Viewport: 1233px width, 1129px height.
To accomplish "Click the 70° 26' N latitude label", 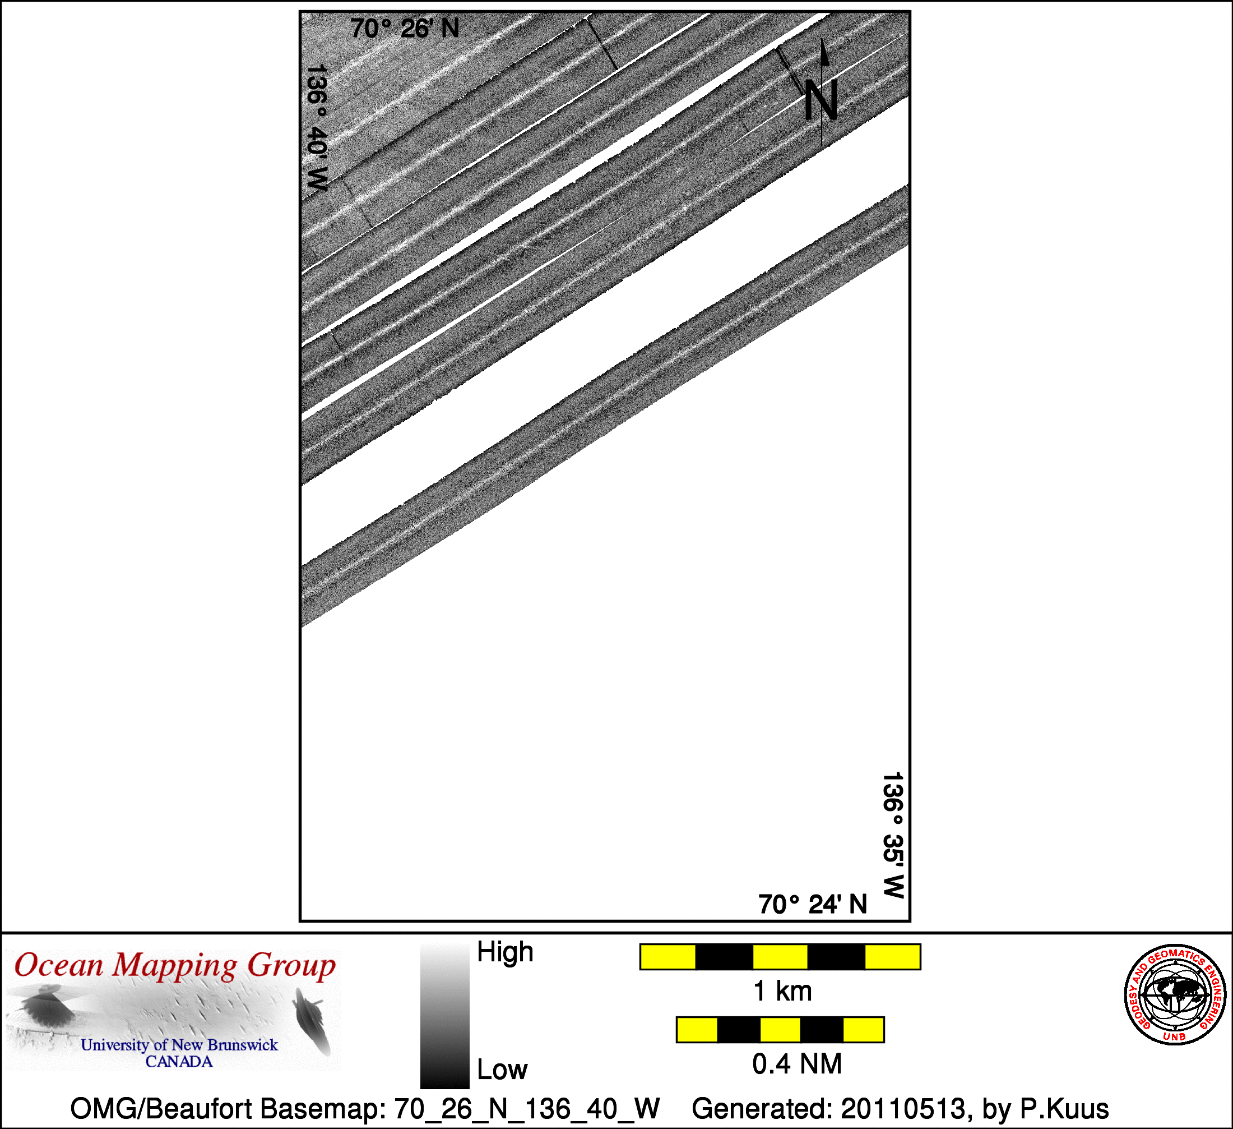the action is pyautogui.click(x=404, y=29).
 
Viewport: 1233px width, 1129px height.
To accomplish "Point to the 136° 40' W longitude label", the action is pyautogui.click(x=317, y=128).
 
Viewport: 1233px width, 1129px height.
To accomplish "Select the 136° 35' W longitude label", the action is pyautogui.click(x=893, y=835).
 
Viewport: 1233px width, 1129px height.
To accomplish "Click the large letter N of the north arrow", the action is pyautogui.click(x=820, y=100).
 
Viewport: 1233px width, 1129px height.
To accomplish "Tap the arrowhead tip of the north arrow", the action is pyautogui.click(x=823, y=40).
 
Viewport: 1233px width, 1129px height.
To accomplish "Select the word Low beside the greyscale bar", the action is pyautogui.click(x=502, y=1070).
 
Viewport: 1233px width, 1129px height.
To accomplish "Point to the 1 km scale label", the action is pyautogui.click(x=782, y=992).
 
